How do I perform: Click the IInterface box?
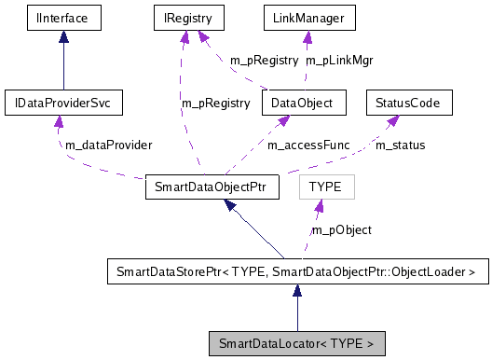pyautogui.click(x=62, y=17)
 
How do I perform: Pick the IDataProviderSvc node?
pyautogui.click(x=62, y=102)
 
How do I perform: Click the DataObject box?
pyautogui.click(x=305, y=102)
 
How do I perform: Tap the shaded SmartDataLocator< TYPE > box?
pyautogui.click(x=296, y=343)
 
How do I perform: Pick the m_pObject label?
pyautogui.click(x=341, y=229)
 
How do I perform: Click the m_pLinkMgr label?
pyautogui.click(x=332, y=60)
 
